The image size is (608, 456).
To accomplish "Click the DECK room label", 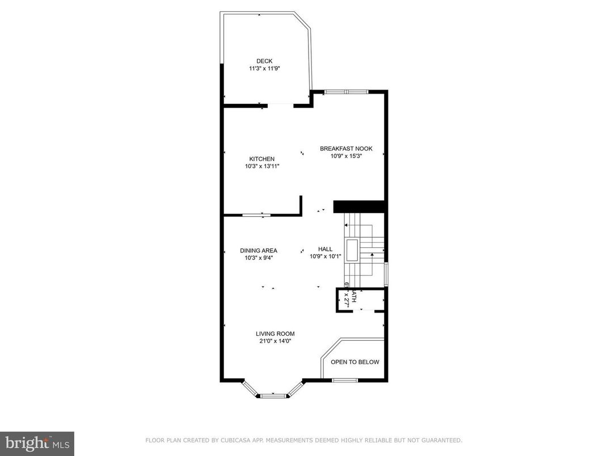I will tap(264, 61).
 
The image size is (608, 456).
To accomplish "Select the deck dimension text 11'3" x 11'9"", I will tap(264, 69).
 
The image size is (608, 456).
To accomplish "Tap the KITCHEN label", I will tap(262, 159).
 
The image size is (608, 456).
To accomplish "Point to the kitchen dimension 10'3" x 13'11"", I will tap(262, 166).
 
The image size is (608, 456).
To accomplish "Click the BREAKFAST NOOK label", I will tap(346, 149).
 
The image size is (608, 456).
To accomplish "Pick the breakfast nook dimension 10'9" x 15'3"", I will tap(346, 156).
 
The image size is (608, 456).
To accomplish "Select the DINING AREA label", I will tap(259, 251).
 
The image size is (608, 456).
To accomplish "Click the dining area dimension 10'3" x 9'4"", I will tap(259, 258).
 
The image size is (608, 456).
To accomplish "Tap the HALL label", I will tap(326, 249).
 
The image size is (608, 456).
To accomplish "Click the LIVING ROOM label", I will tap(275, 333).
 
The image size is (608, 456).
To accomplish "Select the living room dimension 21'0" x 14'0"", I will tap(275, 341).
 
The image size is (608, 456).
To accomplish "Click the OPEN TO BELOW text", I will tap(355, 362).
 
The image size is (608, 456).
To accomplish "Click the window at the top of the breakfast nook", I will tap(346, 91).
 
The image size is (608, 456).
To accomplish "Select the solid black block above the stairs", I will tap(360, 206).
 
